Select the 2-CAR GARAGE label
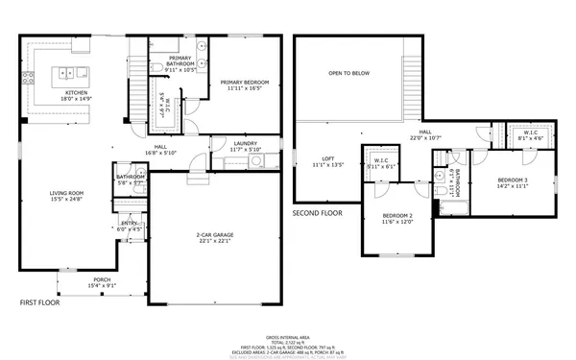[216, 235]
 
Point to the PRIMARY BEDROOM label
[244, 82]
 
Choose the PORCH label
[101, 280]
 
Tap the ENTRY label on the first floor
[129, 223]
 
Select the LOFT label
[327, 158]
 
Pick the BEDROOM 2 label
[396, 215]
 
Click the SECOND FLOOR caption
[317, 211]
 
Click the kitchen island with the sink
[69, 73]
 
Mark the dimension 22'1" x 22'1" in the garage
[216, 242]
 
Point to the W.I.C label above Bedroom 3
[529, 132]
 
